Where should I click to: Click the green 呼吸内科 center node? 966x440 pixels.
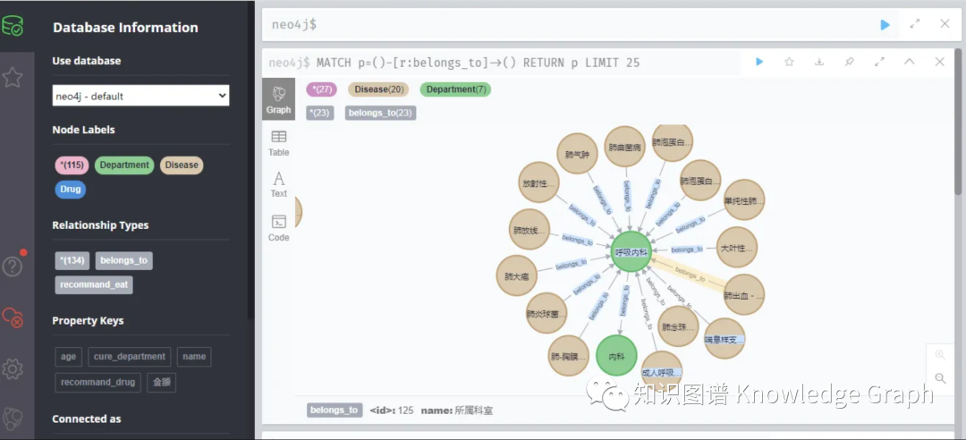[632, 253]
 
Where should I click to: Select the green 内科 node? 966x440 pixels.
[616, 356]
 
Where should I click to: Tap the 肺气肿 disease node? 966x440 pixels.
[577, 154]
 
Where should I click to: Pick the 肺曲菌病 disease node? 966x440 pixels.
[625, 147]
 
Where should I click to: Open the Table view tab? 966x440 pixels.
[279, 142]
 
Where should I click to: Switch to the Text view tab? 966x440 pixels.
[279, 184]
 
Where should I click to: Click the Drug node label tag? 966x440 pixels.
[70, 190]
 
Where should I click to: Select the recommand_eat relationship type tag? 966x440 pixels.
[94, 284]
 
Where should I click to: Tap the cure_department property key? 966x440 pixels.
[130, 357]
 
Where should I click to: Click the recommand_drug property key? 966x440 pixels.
[98, 382]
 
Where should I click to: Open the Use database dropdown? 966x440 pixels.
[141, 96]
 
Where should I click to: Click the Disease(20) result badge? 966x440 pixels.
[380, 89]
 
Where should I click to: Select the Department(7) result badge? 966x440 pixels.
[455, 89]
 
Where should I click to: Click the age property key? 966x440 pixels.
[69, 357]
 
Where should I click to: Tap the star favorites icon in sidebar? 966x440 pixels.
[13, 78]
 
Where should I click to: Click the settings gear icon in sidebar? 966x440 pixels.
[13, 368]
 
